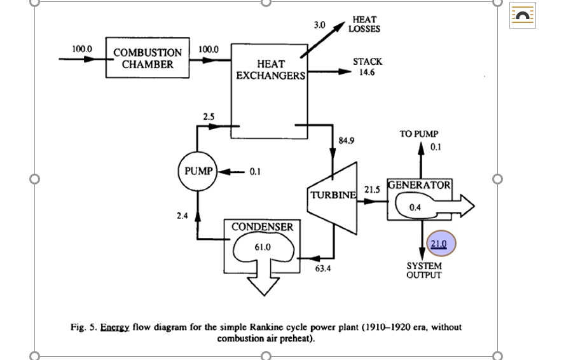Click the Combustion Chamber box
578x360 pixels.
coord(147,58)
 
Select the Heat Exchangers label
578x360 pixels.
coord(270,70)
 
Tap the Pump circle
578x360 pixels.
coord(198,171)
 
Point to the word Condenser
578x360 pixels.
coord(262,227)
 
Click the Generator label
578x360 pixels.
coord(420,185)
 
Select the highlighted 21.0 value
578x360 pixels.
coord(439,244)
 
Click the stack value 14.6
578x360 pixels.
coord(367,73)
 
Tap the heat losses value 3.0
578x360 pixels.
coord(319,25)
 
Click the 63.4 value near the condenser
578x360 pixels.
coord(323,268)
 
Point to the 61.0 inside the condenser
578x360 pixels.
coord(263,247)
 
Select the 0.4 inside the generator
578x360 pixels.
coord(415,207)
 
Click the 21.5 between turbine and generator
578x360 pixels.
coord(371,190)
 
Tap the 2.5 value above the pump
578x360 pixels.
coord(209,117)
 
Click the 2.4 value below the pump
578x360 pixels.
coord(182,216)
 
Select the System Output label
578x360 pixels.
coord(423,270)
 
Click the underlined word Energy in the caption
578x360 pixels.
coord(114,327)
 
